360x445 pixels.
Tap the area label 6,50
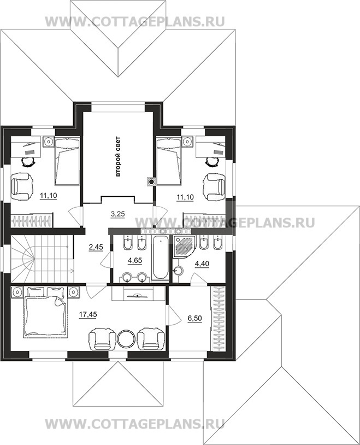tap(194, 318)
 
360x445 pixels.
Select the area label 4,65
tap(135, 260)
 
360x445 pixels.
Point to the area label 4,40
tap(202, 264)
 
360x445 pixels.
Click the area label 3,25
tap(117, 214)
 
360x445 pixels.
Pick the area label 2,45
tap(96, 247)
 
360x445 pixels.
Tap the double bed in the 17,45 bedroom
tap(46, 312)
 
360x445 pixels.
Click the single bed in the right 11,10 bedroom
tap(169, 161)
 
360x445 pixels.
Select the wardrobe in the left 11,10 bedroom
tap(32, 220)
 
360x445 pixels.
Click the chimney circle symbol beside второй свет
tap(151, 182)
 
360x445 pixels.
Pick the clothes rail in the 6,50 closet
tap(218, 319)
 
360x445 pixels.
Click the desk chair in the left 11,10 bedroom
tap(29, 163)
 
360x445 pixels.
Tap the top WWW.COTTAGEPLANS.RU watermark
tap(135, 21)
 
